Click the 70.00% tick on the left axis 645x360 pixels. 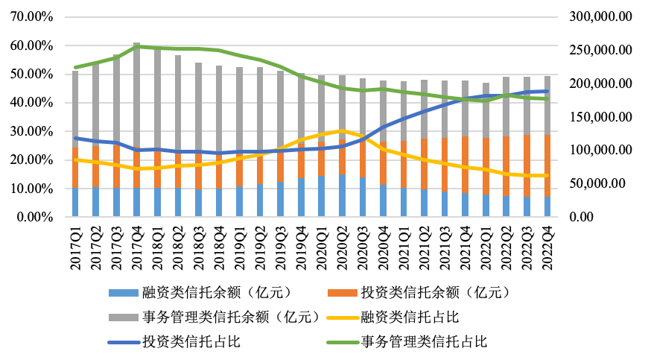click(29, 16)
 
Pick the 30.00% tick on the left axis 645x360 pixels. click(29, 131)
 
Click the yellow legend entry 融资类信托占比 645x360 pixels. click(409, 317)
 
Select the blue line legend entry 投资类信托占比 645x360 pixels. click(191, 342)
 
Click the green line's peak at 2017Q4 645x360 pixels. click(137, 47)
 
